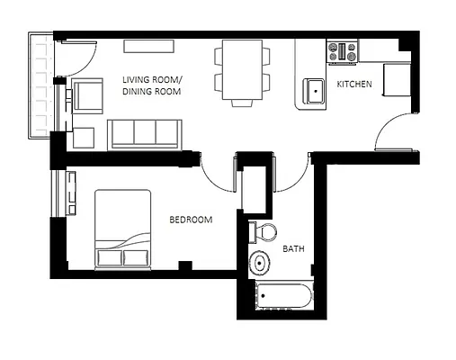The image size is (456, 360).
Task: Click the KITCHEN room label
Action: pos(354,85)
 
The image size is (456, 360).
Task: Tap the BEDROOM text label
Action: pos(191,220)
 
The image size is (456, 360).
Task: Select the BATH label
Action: pos(293,248)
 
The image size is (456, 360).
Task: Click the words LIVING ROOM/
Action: pos(151,80)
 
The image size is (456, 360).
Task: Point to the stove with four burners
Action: pos(343,51)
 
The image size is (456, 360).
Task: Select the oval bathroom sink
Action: pos(260,265)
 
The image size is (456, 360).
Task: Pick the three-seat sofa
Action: pos(143,133)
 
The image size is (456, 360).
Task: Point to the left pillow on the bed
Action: pos(109,259)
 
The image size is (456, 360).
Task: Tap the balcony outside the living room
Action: pos(40,85)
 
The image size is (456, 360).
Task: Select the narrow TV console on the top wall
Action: pos(150,46)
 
